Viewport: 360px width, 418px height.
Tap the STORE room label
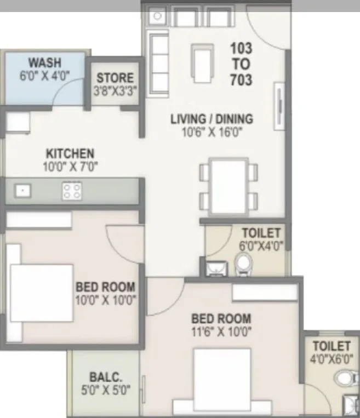pyautogui.click(x=115, y=78)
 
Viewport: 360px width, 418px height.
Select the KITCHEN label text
pyautogui.click(x=70, y=153)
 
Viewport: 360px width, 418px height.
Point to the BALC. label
pyautogui.click(x=105, y=378)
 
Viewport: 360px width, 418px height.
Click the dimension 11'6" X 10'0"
pyautogui.click(x=221, y=331)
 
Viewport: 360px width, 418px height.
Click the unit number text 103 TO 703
pyautogui.click(x=241, y=64)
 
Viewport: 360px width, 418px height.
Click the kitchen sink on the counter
pyautogui.click(x=22, y=191)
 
